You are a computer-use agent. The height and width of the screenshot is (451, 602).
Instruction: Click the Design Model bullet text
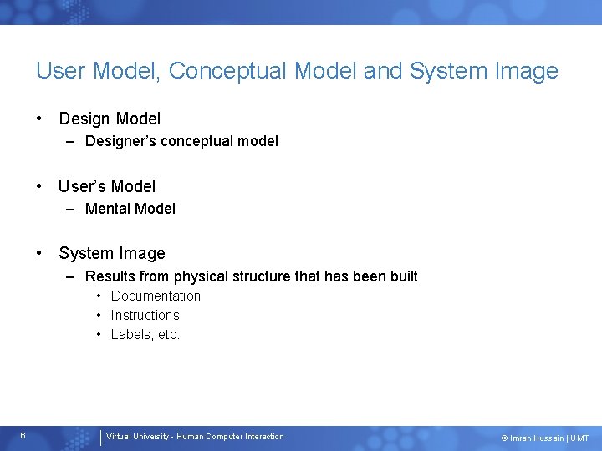pyautogui.click(x=110, y=119)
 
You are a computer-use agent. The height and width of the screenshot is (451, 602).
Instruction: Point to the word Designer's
pyautogui.click(x=120, y=141)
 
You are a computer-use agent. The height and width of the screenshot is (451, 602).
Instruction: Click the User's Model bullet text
pyautogui.click(x=107, y=186)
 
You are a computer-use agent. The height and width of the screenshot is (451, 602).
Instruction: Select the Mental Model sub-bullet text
pyautogui.click(x=130, y=209)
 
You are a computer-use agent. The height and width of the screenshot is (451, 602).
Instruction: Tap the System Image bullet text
pyautogui.click(x=112, y=254)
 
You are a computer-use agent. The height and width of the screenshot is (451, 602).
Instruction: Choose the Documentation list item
pyautogui.click(x=156, y=296)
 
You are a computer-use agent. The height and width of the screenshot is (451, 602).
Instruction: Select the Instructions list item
pyautogui.click(x=145, y=315)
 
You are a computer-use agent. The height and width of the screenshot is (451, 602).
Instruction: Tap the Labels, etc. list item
pyautogui.click(x=145, y=334)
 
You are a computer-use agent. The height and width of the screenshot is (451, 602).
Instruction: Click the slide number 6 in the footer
pyautogui.click(x=23, y=436)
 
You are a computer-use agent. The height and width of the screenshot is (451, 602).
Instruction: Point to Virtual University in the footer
pyautogui.click(x=137, y=437)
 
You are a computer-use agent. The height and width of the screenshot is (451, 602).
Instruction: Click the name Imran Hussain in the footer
pyautogui.click(x=537, y=438)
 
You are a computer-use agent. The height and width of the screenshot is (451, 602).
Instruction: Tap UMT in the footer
pyautogui.click(x=579, y=438)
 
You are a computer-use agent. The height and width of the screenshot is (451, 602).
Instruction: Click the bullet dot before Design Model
pyautogui.click(x=38, y=119)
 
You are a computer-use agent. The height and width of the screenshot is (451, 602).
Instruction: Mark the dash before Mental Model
pyautogui.click(x=70, y=210)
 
